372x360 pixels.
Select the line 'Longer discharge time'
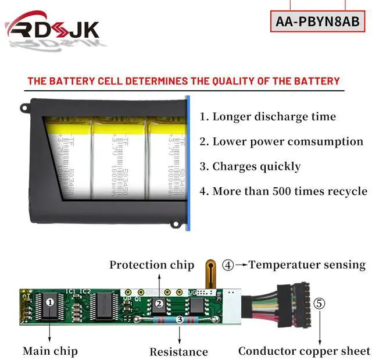(x=268, y=116)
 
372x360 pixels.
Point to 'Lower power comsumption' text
(x=281, y=141)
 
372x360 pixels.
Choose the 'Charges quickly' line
(x=251, y=166)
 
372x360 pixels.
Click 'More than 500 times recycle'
(x=284, y=191)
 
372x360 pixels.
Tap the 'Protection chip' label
(x=152, y=265)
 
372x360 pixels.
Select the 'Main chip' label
(x=50, y=351)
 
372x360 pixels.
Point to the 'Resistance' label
(x=178, y=351)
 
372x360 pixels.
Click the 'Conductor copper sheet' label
(x=304, y=351)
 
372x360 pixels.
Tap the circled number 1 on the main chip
(x=50, y=302)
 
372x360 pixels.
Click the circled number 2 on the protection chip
(x=158, y=302)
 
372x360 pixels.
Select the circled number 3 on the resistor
(x=179, y=319)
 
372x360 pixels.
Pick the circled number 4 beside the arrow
(x=228, y=265)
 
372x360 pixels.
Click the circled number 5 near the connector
(x=319, y=304)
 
